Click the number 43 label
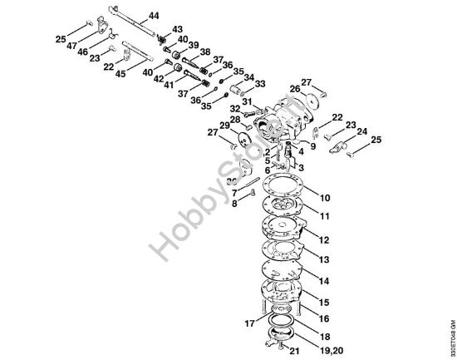pyautogui.click(x=178, y=29)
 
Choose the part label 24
pyautogui.click(x=362, y=131)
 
